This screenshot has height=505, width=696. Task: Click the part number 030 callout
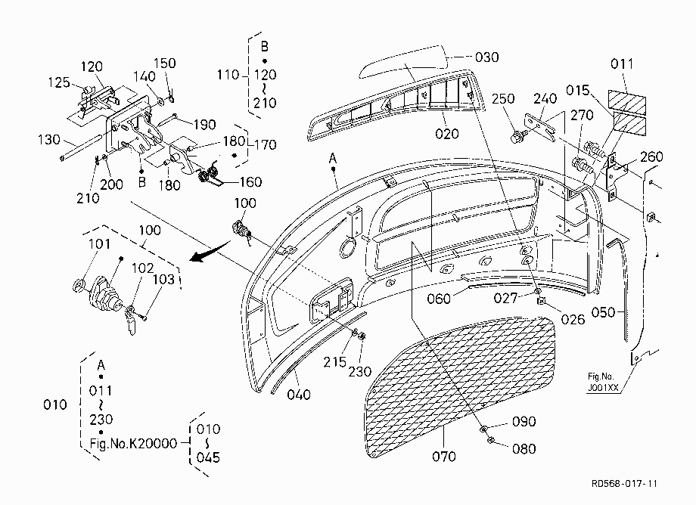click(486, 57)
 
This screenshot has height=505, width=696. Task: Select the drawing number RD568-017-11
click(625, 483)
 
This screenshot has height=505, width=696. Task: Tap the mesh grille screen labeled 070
click(459, 386)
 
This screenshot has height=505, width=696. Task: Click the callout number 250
click(503, 98)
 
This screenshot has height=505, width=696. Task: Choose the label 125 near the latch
click(59, 82)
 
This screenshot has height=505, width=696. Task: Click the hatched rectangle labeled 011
click(626, 102)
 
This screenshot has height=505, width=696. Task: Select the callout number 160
click(250, 181)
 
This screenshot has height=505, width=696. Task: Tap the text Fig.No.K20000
click(133, 443)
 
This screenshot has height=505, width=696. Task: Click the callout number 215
click(334, 362)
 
